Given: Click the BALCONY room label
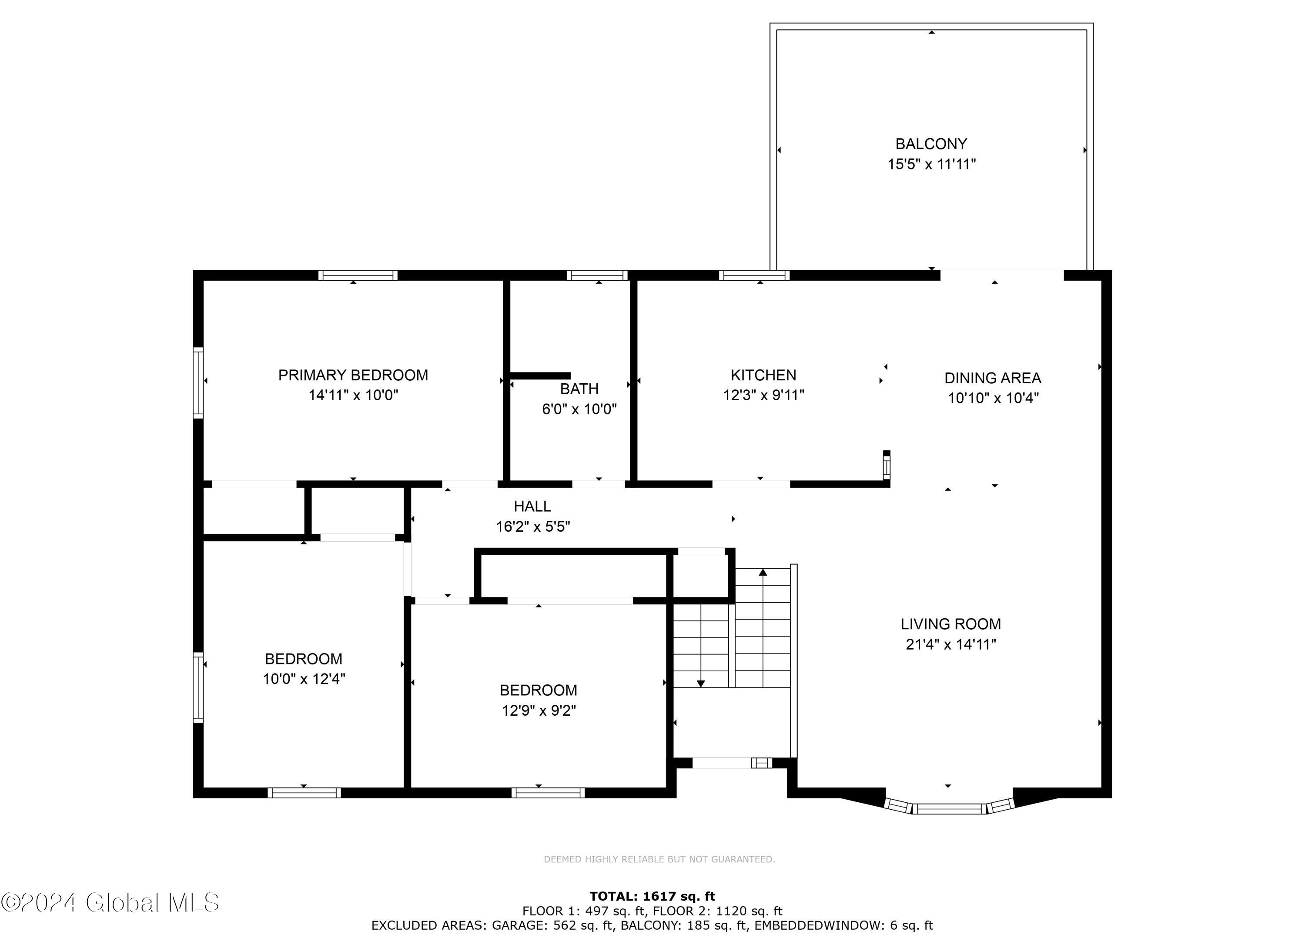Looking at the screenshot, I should tap(930, 144).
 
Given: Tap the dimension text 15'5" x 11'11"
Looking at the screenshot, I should tap(931, 164).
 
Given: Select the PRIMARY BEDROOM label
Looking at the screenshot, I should tap(353, 375).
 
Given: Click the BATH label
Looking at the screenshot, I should tap(579, 389).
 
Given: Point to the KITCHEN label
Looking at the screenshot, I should tap(763, 375).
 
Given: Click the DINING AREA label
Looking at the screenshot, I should tap(993, 378).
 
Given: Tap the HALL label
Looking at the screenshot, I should tap(532, 506).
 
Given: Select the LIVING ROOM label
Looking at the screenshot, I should tap(950, 624).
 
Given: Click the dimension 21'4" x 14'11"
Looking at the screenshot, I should tap(950, 645).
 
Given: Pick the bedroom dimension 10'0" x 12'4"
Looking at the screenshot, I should tap(304, 679).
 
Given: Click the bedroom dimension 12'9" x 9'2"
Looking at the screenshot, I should tap(539, 711).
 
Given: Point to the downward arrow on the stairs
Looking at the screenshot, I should tap(700, 683).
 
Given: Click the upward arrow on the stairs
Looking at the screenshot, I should tap(763, 572).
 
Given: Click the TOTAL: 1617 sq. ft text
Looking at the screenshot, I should tap(652, 896).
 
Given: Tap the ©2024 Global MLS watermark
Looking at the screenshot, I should tap(110, 902).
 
